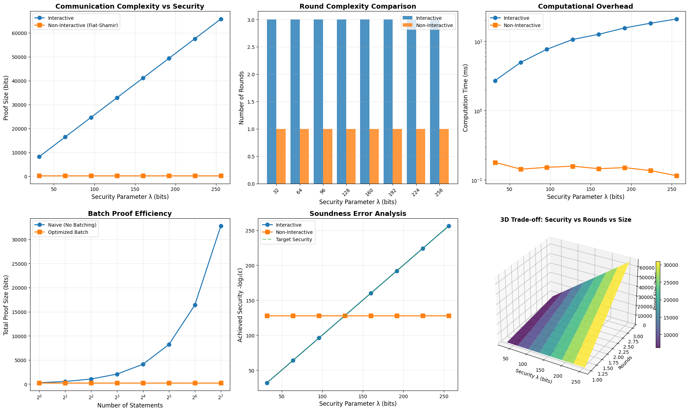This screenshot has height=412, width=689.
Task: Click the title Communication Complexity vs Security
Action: tap(130, 6)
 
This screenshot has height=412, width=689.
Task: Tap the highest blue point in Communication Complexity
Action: tap(221, 19)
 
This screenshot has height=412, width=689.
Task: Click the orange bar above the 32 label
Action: tap(281, 156)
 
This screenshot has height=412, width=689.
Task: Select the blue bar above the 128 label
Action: tap(341, 102)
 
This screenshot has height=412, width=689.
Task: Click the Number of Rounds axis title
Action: tap(242, 98)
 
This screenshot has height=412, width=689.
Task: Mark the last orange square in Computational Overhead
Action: tap(677, 176)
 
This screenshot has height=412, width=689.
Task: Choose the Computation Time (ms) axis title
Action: tap(466, 98)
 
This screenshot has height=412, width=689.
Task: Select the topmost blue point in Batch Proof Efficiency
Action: tap(221, 226)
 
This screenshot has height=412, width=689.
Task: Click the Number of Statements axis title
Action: tap(130, 405)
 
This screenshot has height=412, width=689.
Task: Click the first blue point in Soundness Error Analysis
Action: tap(267, 383)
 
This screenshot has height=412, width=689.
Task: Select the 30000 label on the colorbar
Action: tap(671, 265)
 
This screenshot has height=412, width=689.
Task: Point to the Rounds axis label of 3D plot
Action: tap(626, 362)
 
